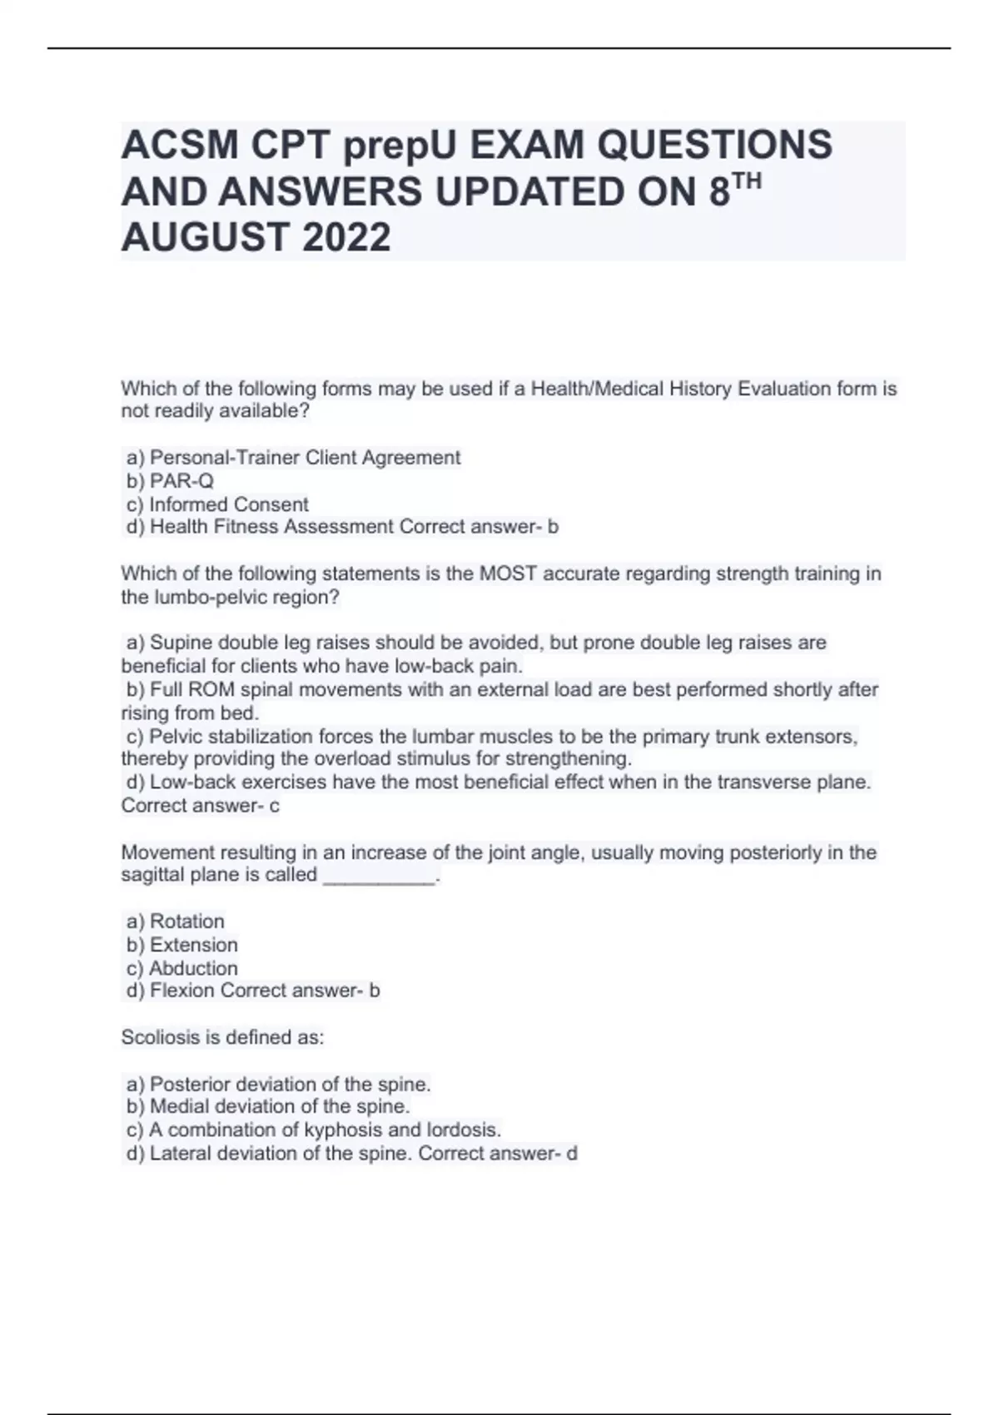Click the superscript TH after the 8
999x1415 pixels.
click(748, 181)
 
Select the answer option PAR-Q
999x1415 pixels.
click(181, 481)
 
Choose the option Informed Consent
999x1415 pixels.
click(228, 504)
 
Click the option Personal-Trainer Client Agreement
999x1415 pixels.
click(304, 458)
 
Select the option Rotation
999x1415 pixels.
click(186, 921)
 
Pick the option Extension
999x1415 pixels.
click(193, 945)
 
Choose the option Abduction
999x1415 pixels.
click(193, 968)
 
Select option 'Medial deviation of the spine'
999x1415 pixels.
click(279, 1106)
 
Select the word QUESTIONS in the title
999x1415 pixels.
click(714, 146)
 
